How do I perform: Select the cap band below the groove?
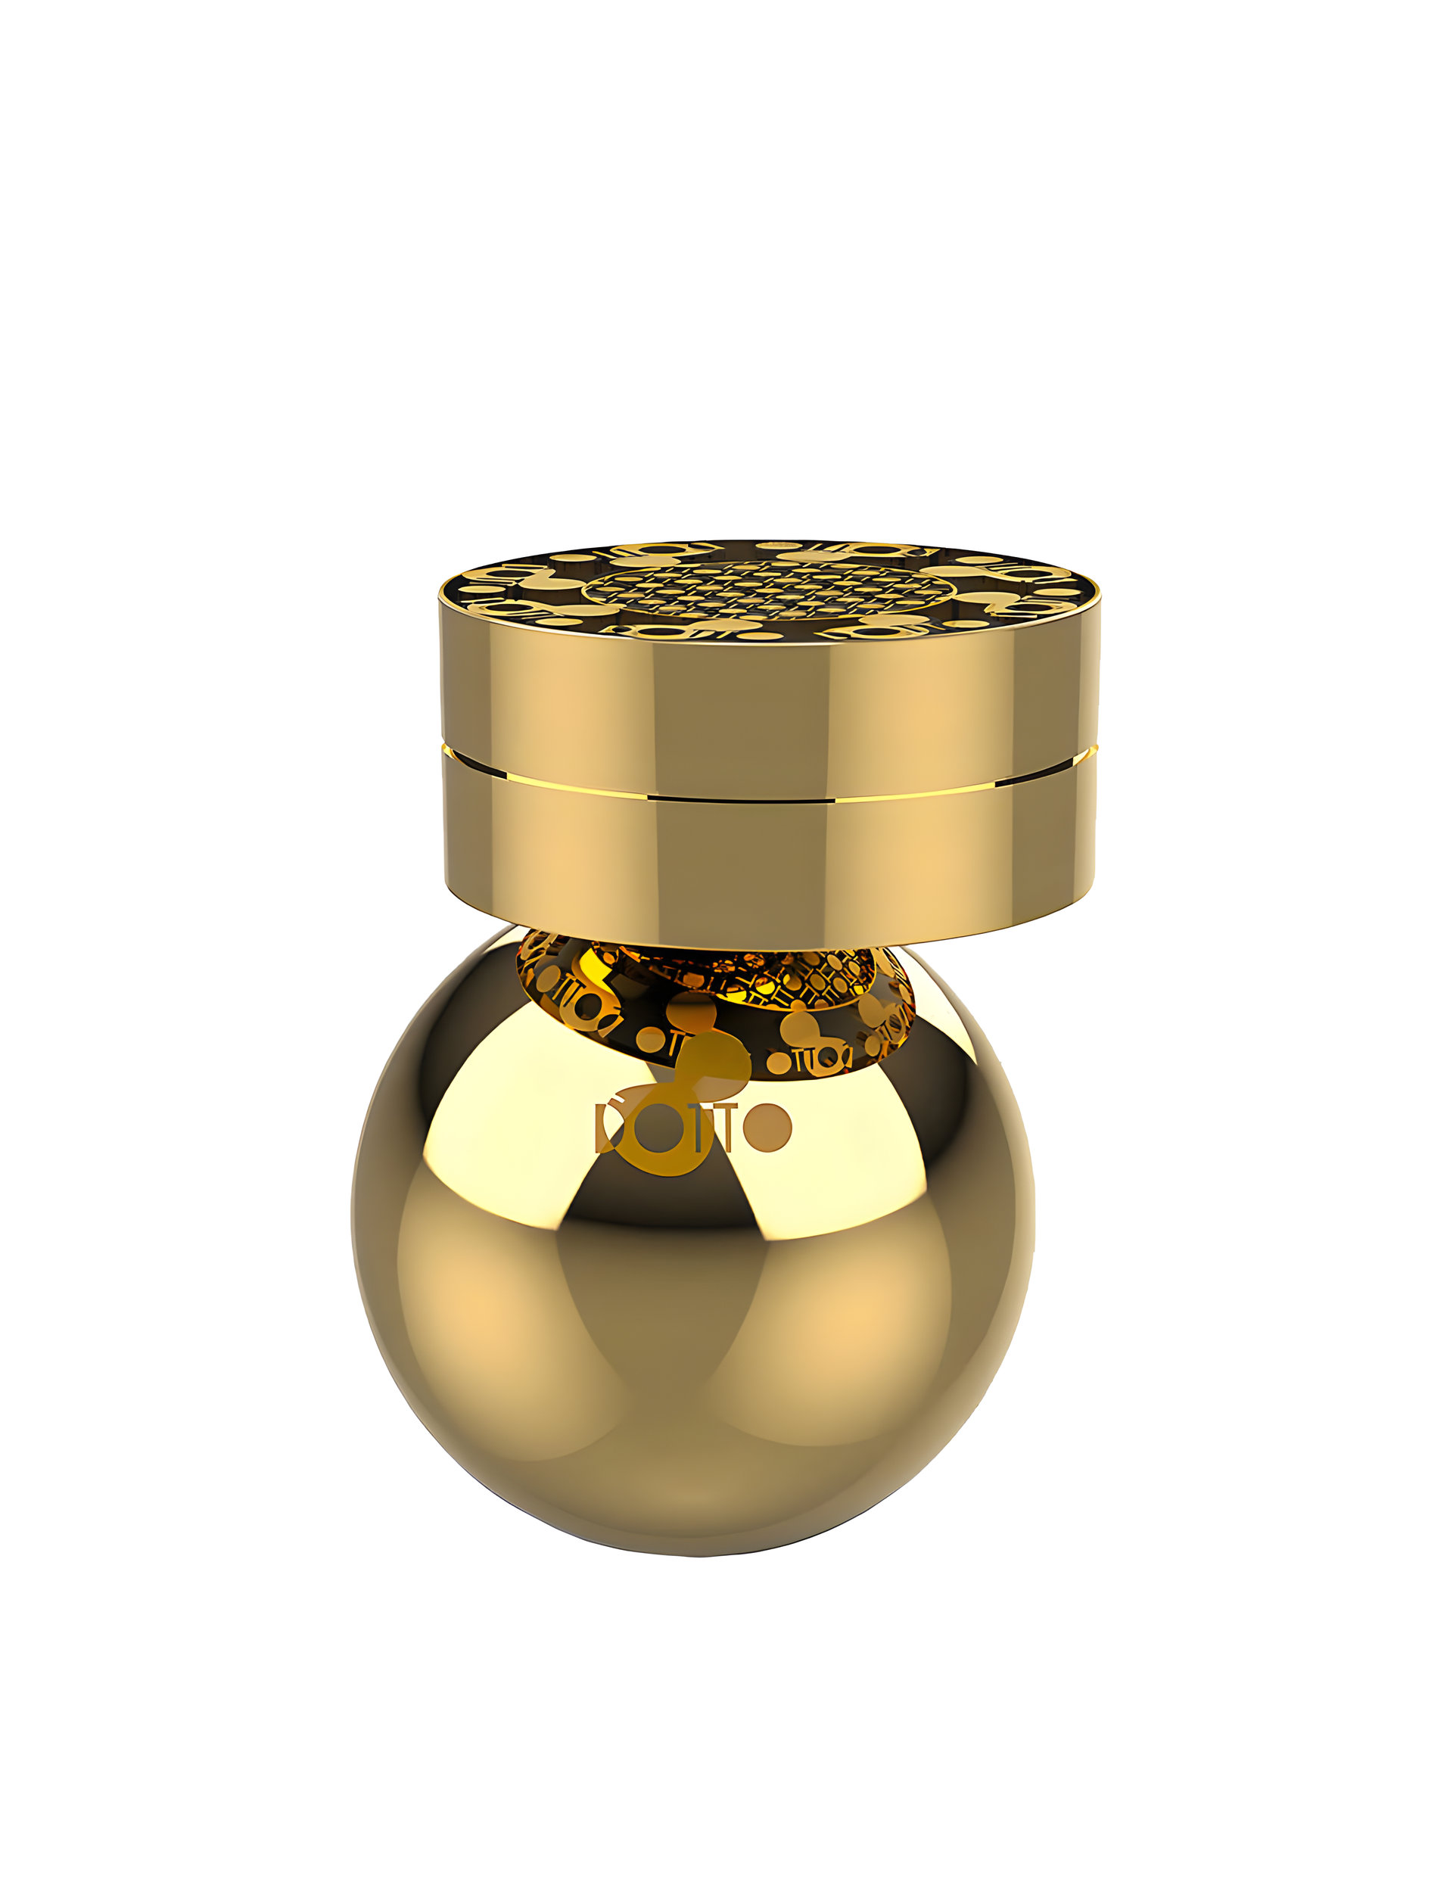tap(770, 856)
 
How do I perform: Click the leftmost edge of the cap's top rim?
tap(442, 596)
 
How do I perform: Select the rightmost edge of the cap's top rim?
tap(1100, 596)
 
